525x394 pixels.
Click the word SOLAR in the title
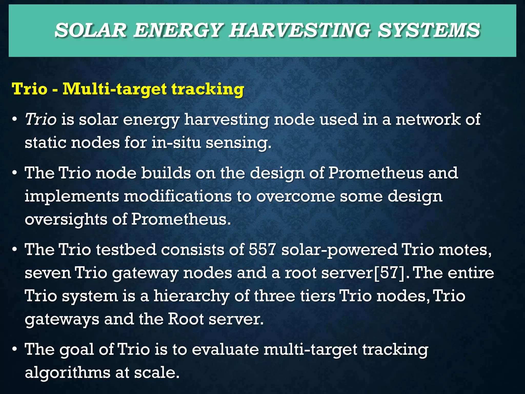(90, 30)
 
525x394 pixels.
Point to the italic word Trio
(41, 120)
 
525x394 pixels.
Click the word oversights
(66, 220)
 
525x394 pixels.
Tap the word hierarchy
(191, 296)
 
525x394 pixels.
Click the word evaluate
(225, 349)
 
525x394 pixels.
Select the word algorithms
(67, 372)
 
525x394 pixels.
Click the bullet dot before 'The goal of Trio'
(15, 350)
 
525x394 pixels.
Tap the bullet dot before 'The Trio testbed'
(15, 250)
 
